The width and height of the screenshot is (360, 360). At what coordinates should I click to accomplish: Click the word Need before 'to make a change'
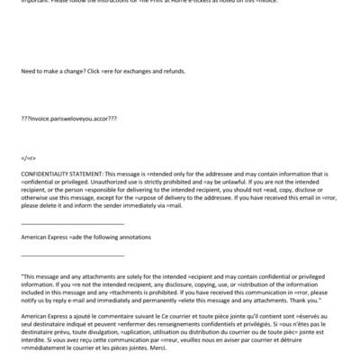pos(28,94)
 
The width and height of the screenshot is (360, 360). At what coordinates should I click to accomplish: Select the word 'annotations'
pos(133,238)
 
